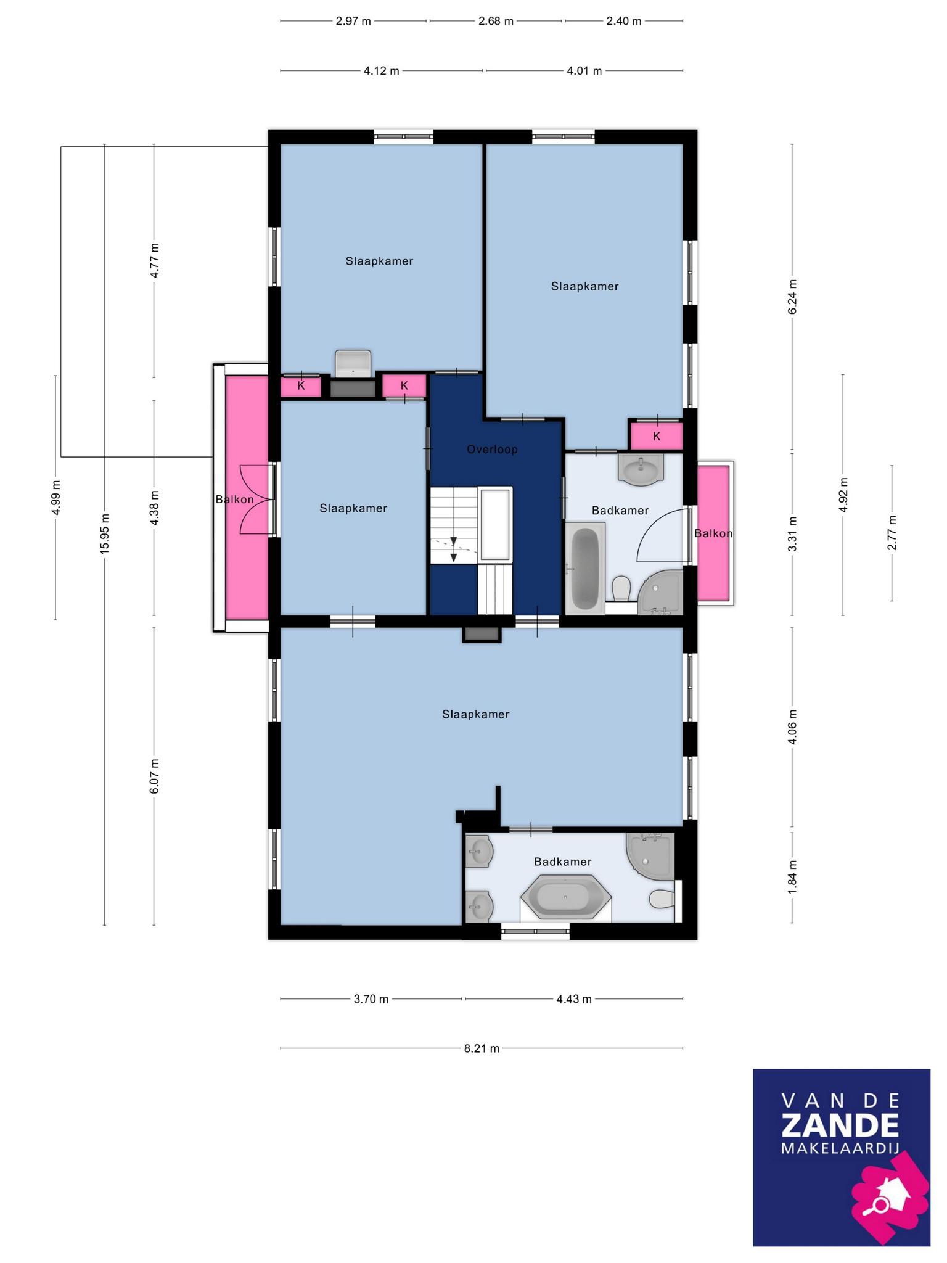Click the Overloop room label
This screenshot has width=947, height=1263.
click(x=492, y=450)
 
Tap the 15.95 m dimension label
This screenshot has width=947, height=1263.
click(x=105, y=534)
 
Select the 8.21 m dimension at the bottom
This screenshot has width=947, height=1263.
click(x=482, y=1048)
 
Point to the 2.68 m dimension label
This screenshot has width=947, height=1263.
click(x=496, y=21)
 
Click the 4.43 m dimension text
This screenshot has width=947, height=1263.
click(x=574, y=998)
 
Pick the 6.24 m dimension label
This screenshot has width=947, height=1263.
click(x=792, y=297)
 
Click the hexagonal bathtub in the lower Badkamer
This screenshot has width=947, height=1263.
click(x=566, y=899)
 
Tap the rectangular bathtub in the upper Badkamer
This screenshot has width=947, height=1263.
click(x=585, y=568)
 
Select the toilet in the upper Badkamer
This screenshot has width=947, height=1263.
click(x=620, y=589)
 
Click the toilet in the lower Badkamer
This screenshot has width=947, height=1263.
click(x=662, y=899)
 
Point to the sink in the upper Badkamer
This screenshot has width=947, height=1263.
click(x=641, y=469)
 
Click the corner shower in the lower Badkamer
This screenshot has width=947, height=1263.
click(x=650, y=856)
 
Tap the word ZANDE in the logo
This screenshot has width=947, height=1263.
click(x=840, y=1125)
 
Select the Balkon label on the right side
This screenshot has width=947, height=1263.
click(x=713, y=533)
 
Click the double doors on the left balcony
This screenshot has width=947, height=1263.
click(x=256, y=499)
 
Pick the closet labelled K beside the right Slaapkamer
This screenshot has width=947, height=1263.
click(x=656, y=435)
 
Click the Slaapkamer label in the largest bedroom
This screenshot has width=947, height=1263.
click(x=476, y=714)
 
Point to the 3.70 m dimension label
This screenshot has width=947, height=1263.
click(x=371, y=998)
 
